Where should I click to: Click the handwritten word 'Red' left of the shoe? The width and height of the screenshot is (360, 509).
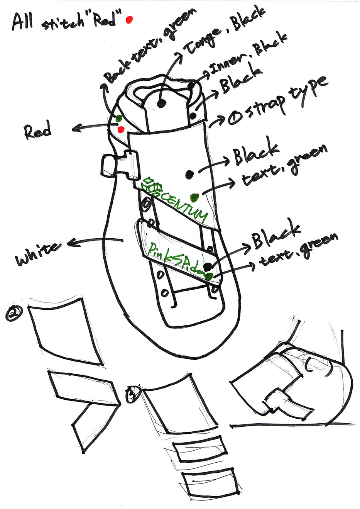(x=37, y=131)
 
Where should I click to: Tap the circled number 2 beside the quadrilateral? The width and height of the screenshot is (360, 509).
(x=14, y=313)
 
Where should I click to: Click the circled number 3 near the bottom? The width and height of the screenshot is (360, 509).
(x=132, y=394)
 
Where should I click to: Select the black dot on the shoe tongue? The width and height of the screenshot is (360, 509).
(x=162, y=103)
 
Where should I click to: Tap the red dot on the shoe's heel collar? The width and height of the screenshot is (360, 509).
(x=121, y=129)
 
